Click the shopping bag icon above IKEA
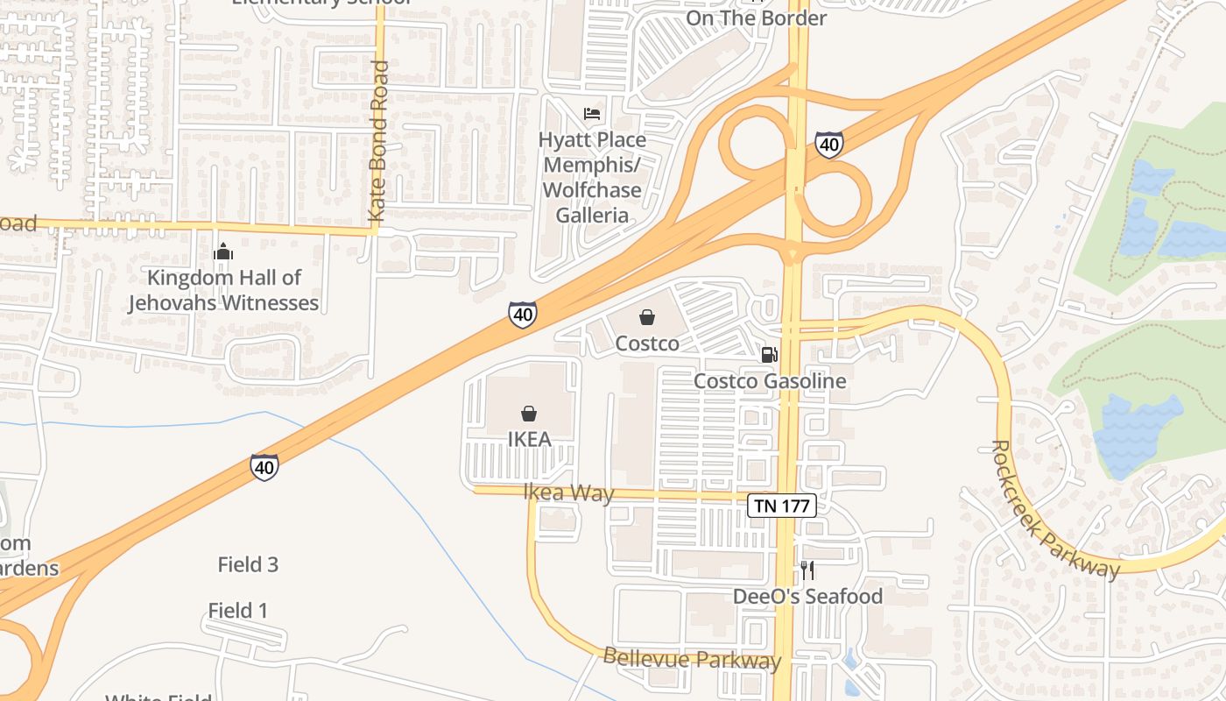(x=529, y=414)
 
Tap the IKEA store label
(x=529, y=439)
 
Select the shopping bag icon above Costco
(x=647, y=317)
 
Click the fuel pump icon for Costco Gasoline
(x=769, y=354)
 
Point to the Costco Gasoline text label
(x=770, y=381)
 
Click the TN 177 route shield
(x=782, y=506)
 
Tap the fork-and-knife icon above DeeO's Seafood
(x=807, y=570)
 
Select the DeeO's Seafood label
(x=807, y=597)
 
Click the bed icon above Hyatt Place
(x=593, y=114)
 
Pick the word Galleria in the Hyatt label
(x=593, y=216)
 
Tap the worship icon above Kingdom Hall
(x=223, y=252)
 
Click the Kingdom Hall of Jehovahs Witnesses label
(x=223, y=290)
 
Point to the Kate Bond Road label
(x=377, y=140)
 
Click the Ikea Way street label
(x=568, y=492)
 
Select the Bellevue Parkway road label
(x=692, y=659)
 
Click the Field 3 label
(x=248, y=565)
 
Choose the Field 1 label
(x=237, y=611)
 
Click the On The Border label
(x=756, y=18)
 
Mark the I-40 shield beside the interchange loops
(x=828, y=145)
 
